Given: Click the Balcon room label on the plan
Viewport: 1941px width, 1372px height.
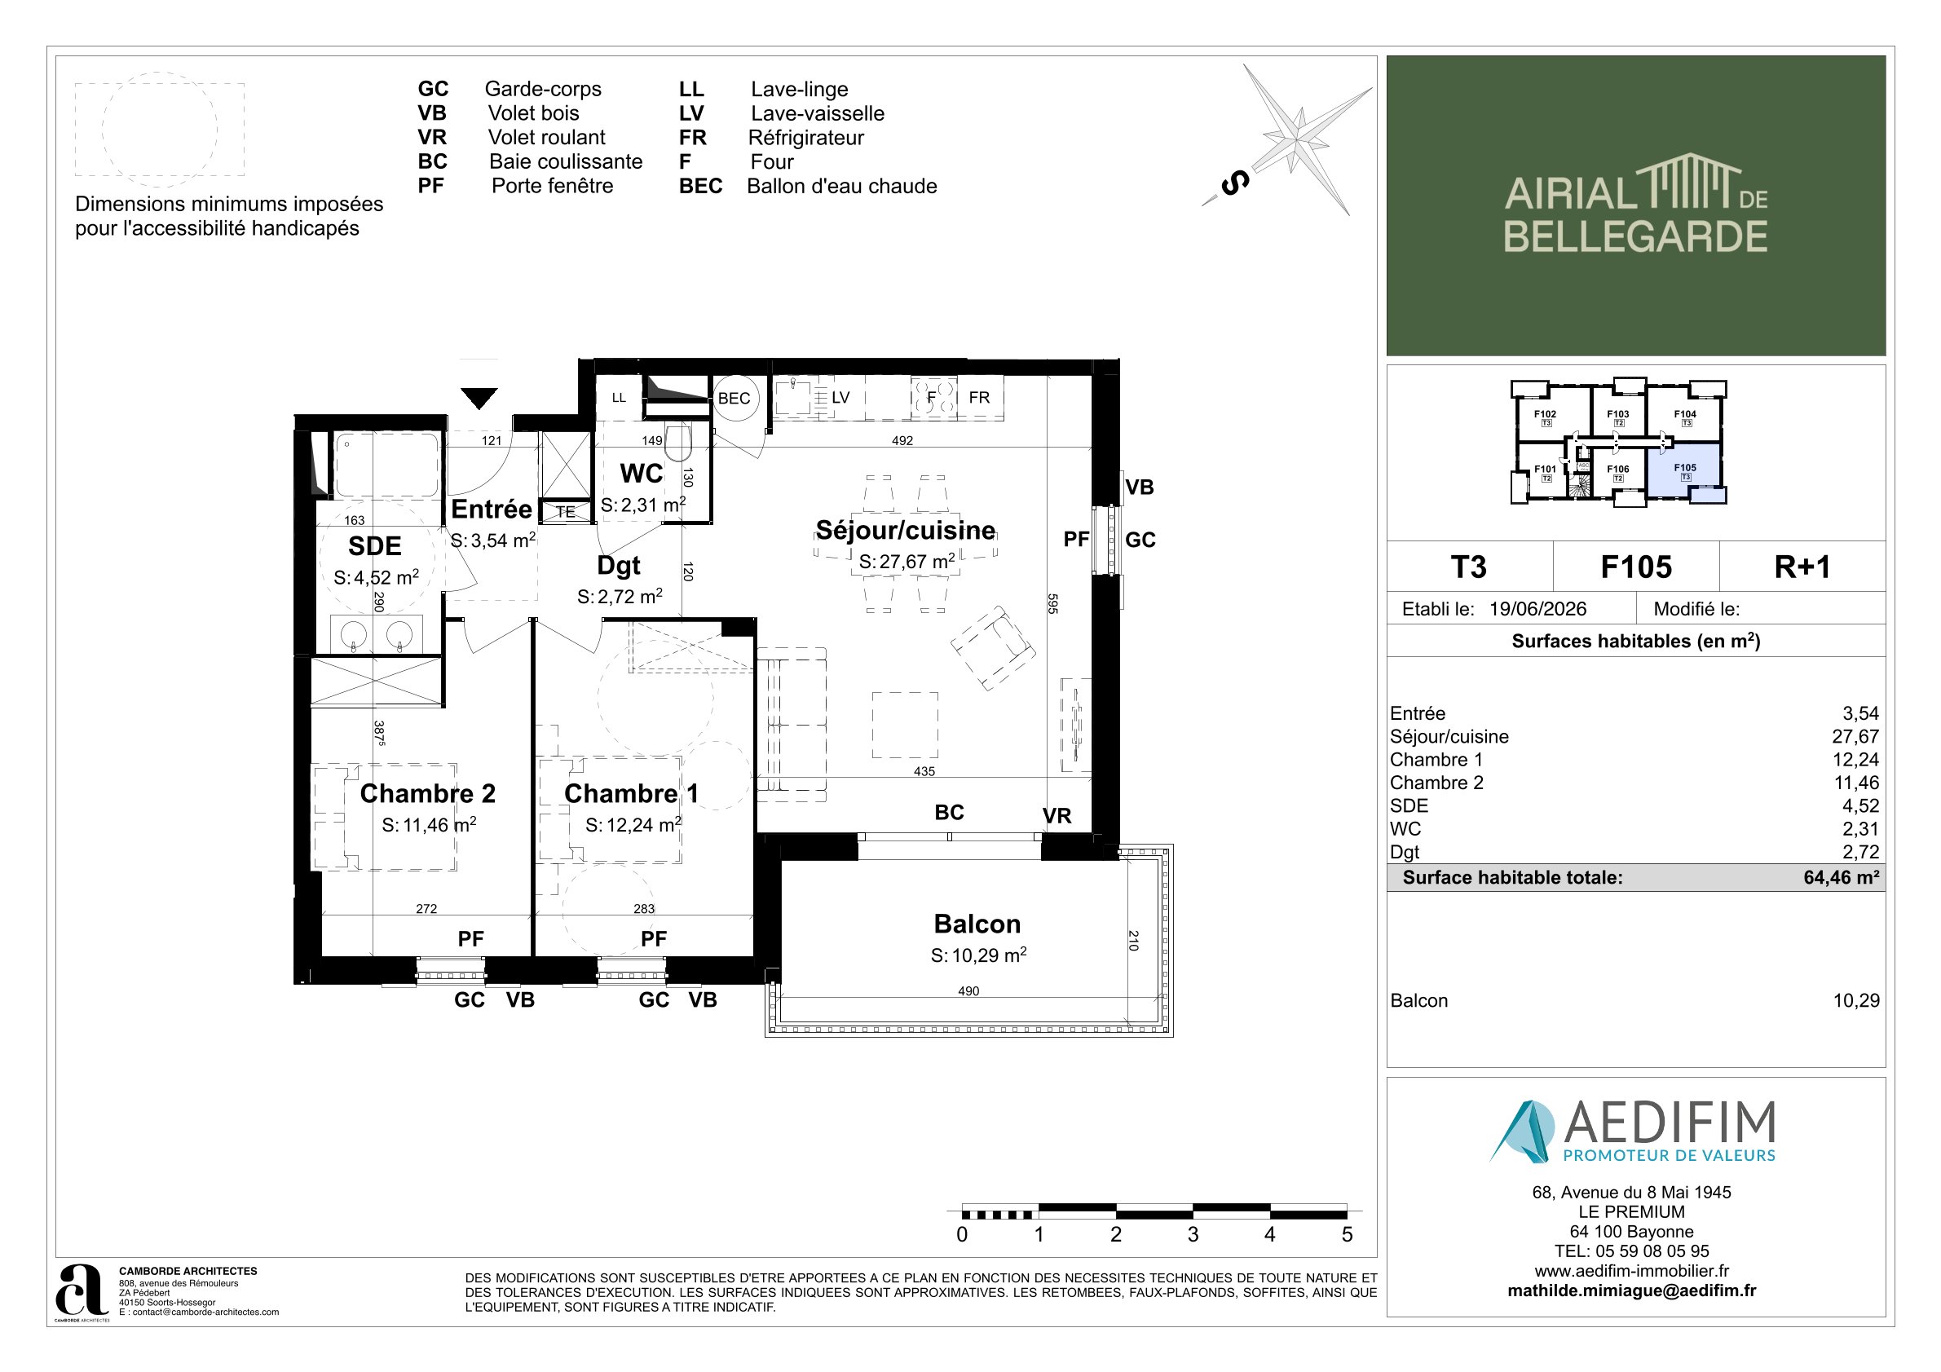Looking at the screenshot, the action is click(977, 923).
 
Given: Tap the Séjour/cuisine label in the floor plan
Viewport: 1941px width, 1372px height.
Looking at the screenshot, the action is click(906, 530).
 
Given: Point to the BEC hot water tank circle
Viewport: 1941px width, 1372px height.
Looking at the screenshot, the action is click(734, 398).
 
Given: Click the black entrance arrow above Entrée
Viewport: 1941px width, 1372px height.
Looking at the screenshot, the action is click(479, 397).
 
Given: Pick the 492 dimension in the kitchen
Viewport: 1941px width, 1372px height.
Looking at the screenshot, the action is click(902, 440).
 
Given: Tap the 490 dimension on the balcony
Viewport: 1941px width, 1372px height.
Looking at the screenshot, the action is click(968, 990).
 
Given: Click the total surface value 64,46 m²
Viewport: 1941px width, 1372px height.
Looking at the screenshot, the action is click(1842, 877).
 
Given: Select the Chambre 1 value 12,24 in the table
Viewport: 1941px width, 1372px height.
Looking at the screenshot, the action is click(1855, 759).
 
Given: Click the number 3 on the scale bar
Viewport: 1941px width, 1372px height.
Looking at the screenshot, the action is click(1193, 1234).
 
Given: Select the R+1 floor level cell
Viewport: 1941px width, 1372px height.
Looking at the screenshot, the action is click(1802, 567).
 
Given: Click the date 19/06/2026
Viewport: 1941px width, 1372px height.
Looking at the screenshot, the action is click(1537, 609).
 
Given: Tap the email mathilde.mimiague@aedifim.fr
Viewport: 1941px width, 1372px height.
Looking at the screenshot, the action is click(1631, 1290).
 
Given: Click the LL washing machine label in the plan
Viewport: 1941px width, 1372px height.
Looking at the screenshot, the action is click(619, 397).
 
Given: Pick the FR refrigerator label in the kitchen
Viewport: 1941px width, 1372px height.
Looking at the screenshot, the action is click(979, 397).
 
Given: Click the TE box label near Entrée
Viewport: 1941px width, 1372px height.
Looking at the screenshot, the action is click(566, 511).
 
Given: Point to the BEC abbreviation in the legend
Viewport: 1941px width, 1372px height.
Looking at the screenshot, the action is click(700, 186).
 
